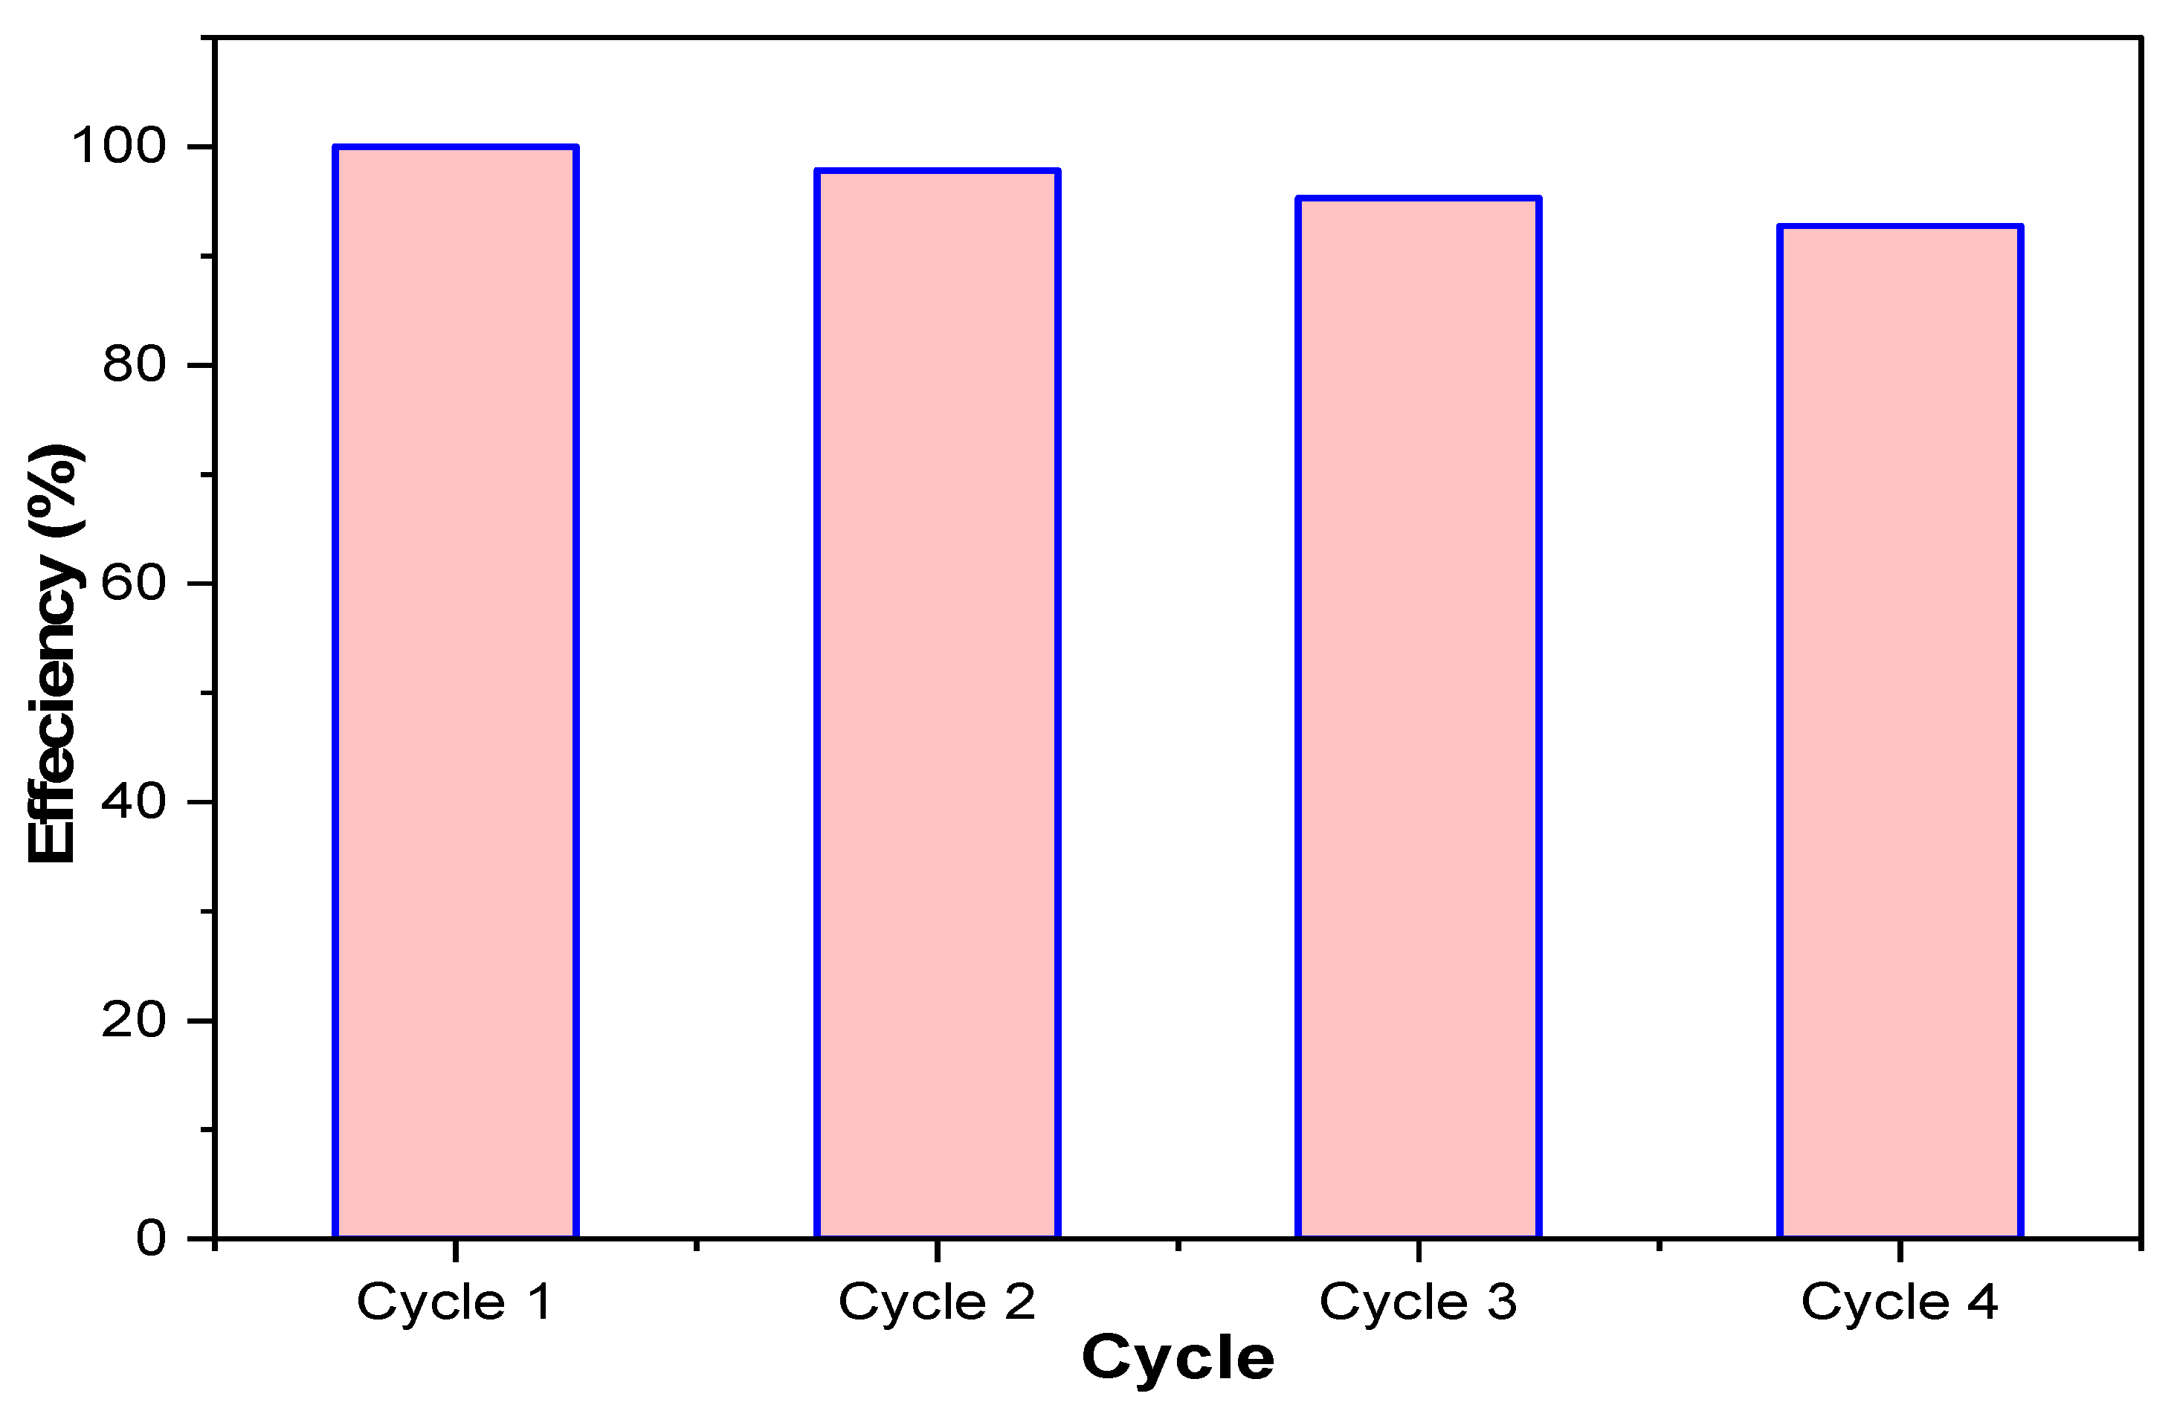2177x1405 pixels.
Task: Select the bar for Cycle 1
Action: click(457, 694)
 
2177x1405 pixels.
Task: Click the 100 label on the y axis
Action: click(120, 146)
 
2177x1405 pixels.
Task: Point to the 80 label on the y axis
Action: click(134, 365)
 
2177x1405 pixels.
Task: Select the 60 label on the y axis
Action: click(134, 583)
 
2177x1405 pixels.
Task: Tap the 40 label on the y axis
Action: click(134, 802)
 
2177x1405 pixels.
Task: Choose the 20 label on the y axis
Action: click(134, 1020)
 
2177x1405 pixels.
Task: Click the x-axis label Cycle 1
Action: click(454, 1302)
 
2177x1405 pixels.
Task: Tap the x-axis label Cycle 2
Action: click(936, 1302)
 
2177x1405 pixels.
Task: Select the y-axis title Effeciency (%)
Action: click(53, 653)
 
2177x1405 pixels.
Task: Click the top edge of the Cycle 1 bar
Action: click(457, 147)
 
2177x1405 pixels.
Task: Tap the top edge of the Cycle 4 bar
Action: click(1900, 226)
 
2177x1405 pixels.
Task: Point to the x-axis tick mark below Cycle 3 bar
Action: click(1418, 1250)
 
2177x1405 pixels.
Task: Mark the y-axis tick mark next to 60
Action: click(201, 583)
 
